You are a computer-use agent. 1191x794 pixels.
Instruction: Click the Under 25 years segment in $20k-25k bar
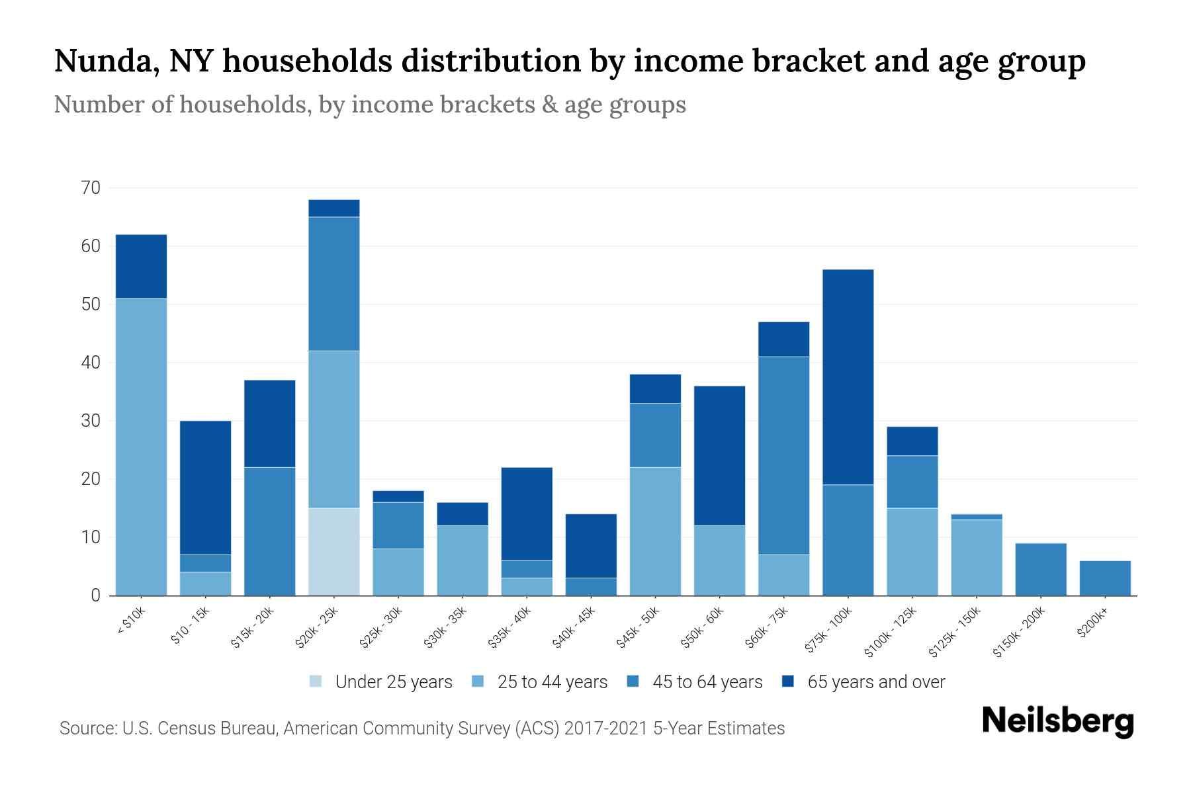(334, 551)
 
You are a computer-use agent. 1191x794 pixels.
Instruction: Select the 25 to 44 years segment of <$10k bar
(141, 447)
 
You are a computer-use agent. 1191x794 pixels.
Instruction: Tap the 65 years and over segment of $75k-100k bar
(848, 377)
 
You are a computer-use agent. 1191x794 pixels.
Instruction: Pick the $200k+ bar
(1105, 578)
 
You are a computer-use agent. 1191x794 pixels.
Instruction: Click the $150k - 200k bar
(1041, 569)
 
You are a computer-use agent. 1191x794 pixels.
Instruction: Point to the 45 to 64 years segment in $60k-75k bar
(783, 455)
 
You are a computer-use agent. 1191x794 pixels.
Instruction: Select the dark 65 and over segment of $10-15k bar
(205, 488)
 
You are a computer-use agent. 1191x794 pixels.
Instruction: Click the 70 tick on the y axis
(91, 189)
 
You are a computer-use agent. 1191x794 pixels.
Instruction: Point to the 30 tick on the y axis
(91, 421)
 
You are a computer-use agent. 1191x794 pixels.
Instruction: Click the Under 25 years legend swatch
(316, 682)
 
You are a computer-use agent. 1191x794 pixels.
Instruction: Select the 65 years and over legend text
(876, 682)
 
